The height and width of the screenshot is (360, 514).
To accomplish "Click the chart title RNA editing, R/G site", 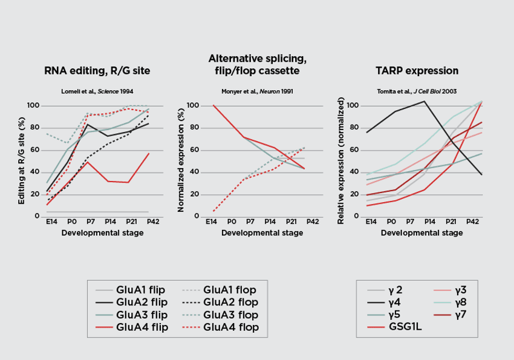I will coord(97,71).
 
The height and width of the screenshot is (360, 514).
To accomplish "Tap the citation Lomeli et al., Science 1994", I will coord(97,91).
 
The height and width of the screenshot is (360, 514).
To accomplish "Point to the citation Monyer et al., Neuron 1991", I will coord(257,91).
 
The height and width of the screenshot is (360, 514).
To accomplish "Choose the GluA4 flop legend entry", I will coord(231,327).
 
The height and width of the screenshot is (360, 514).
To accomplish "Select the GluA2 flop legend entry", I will coord(231,302).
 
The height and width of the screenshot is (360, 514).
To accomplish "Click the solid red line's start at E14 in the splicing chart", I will coord(212,105).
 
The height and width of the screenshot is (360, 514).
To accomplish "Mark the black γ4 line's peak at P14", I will coord(425,101).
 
